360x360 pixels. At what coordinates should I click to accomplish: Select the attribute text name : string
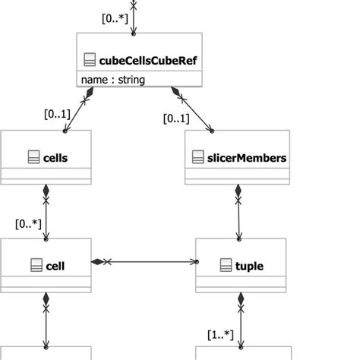113,79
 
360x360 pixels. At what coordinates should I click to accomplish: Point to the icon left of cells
33,158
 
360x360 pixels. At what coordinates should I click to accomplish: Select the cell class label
55,266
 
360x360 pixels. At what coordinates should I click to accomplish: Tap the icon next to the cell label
36,266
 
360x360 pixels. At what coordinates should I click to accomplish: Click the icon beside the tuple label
226,266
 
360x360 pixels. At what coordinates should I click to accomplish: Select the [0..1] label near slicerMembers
176,118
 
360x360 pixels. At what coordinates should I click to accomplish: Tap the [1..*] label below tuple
219,334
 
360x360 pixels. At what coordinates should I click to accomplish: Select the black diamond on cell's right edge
97,262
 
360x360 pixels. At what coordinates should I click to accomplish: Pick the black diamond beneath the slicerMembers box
238,190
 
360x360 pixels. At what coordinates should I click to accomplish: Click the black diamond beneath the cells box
46,190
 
